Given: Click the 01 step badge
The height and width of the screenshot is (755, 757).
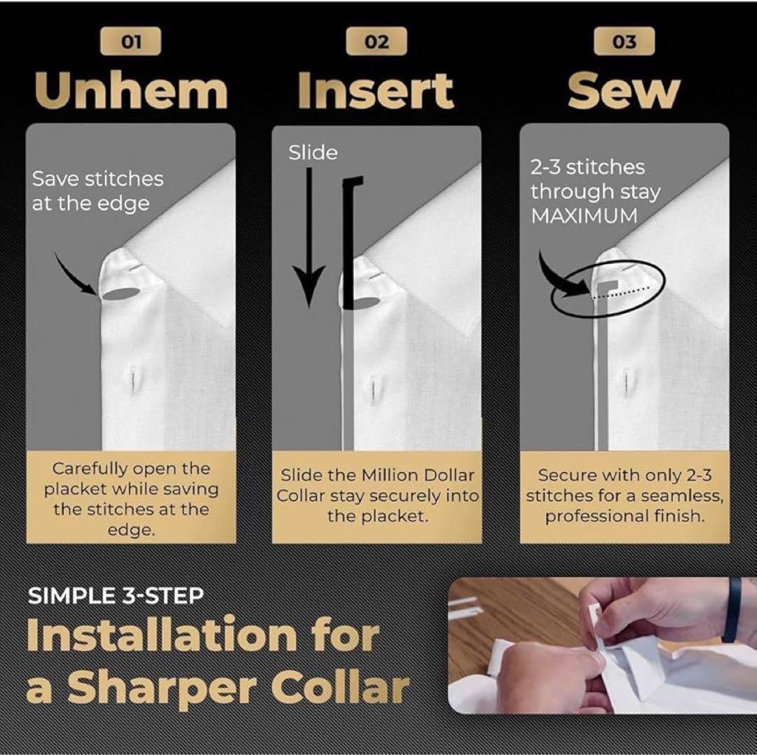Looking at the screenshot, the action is pos(130,41).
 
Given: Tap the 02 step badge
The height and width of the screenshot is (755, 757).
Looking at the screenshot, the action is pos(376,41).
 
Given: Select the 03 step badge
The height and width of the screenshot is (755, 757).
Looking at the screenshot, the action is pos(625,41).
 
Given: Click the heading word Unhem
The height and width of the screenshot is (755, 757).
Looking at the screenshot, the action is pos(131,91).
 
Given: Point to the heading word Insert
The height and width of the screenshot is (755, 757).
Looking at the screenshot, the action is pos(376,91).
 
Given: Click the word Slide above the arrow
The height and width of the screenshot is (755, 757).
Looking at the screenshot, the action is pos(313,153).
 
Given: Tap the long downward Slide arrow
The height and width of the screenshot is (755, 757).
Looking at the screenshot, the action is pos(309,237).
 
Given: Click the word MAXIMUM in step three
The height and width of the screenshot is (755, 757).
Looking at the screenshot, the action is pos(584,216).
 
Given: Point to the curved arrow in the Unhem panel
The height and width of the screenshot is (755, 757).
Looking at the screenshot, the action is pos(72,276).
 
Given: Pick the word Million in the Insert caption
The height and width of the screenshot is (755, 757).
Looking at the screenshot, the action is pos(390,476).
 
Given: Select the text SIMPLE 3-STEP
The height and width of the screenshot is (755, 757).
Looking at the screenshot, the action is pos(116,596).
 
